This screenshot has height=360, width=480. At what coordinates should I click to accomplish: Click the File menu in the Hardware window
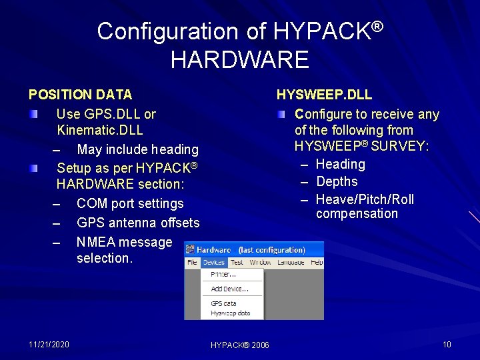click(x=192, y=262)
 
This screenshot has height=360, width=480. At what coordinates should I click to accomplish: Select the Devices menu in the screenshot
click(x=213, y=262)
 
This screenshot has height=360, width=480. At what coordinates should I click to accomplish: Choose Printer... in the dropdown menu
click(x=223, y=274)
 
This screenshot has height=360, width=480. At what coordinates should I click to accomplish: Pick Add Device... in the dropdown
click(x=229, y=289)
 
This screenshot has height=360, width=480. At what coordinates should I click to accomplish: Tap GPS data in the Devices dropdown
click(x=223, y=303)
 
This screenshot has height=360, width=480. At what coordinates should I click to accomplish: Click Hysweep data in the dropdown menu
click(x=230, y=313)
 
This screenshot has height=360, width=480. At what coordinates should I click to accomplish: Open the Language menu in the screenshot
click(x=291, y=262)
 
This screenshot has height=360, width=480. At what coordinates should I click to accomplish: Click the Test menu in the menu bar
click(x=237, y=262)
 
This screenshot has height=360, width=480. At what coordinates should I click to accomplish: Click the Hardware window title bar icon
click(x=190, y=249)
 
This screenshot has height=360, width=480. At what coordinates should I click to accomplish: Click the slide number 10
click(x=447, y=344)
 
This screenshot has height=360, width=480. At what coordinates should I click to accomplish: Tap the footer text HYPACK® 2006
click(x=239, y=345)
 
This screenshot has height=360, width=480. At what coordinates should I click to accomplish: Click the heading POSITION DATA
click(x=80, y=95)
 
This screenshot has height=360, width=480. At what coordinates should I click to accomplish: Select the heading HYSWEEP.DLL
click(x=324, y=95)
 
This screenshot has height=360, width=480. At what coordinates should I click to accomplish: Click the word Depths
click(x=337, y=181)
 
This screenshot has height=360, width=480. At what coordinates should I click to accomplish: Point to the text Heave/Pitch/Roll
click(x=365, y=199)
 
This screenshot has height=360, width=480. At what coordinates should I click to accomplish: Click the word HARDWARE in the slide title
click(x=239, y=60)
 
